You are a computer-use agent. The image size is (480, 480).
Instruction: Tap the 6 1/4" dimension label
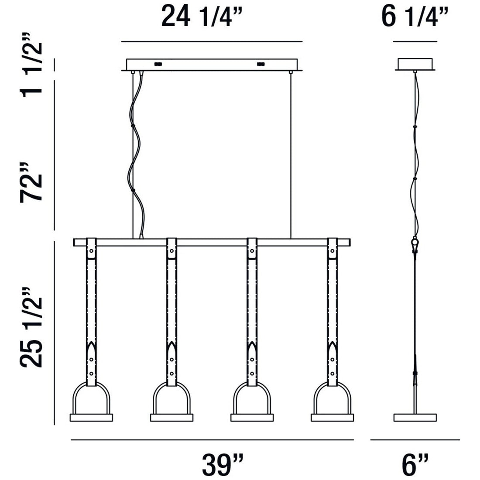(415, 18)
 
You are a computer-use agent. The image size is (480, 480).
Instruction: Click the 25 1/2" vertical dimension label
(32, 327)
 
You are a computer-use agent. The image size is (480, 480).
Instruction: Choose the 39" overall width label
(223, 464)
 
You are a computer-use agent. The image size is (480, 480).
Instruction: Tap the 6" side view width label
(415, 464)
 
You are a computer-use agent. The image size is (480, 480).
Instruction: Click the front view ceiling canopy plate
(212, 65)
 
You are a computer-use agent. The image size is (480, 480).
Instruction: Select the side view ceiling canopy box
(415, 64)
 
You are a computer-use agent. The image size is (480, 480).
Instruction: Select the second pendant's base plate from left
(171, 418)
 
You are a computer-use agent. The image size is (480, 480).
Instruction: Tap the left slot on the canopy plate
(158, 64)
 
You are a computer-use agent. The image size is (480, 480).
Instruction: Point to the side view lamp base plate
(415, 418)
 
